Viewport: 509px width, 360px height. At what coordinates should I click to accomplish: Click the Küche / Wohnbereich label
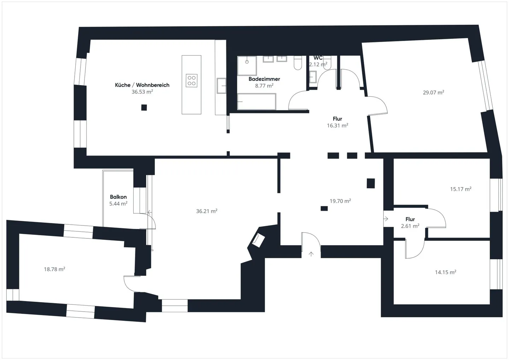tap(142, 85)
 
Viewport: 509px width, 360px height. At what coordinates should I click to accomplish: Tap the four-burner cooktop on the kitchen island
tap(192, 81)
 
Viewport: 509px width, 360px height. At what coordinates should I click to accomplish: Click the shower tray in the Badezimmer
tap(247, 65)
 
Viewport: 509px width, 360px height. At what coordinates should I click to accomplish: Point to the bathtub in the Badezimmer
tap(256, 102)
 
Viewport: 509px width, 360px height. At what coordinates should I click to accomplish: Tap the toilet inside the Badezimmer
tap(298, 63)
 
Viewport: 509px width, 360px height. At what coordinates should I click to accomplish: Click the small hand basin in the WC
tap(313, 77)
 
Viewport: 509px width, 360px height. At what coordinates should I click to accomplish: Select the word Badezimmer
tap(264, 79)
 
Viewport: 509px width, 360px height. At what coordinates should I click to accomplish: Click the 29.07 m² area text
tap(433, 93)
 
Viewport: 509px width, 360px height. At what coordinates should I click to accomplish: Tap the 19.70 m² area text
tap(340, 201)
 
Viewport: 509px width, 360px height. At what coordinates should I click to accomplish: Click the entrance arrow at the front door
tap(311, 254)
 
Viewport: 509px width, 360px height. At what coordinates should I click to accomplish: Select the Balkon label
tap(118, 197)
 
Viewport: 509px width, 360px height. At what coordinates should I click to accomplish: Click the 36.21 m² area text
tap(206, 211)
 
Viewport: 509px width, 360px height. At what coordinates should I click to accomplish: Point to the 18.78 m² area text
tap(54, 269)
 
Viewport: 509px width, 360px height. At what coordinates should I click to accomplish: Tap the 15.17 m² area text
tap(461, 189)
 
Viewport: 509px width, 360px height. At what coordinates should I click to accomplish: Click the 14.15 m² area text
tap(445, 272)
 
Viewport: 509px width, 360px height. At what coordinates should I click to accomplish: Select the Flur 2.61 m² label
tap(410, 223)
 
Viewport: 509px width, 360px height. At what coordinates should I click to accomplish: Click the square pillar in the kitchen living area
tap(144, 108)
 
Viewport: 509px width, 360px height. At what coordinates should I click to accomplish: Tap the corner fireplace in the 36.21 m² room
tap(258, 240)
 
